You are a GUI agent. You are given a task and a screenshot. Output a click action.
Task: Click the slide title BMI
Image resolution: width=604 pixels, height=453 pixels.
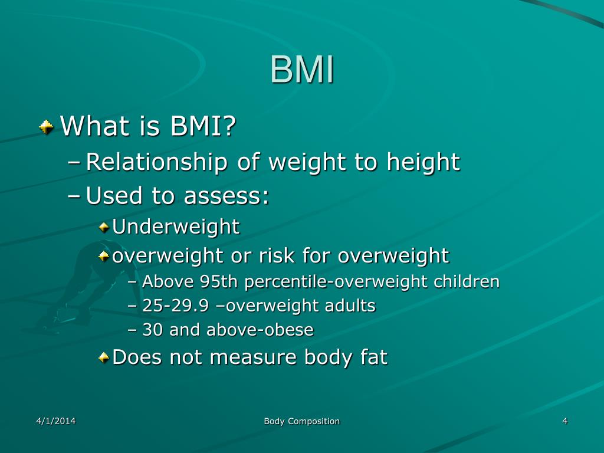[x=302, y=71]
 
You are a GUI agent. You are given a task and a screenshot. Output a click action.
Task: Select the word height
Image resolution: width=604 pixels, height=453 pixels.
[x=423, y=162]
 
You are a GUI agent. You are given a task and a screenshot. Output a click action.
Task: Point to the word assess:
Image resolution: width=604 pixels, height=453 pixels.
[x=226, y=196]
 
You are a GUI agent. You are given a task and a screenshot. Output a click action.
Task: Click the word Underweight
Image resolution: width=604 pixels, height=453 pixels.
[x=176, y=226]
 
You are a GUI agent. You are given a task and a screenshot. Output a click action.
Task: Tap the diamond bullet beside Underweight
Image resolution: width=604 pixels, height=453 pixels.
[x=104, y=226]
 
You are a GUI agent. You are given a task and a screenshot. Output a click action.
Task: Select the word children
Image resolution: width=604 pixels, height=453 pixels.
[x=467, y=282]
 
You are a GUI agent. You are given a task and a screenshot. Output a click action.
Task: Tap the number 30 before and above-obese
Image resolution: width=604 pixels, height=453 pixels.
[x=152, y=330]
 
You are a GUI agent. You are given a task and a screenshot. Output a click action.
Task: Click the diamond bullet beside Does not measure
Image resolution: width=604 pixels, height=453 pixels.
[x=104, y=357]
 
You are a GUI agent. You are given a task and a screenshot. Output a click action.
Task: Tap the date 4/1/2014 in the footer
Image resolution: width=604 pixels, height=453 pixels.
[x=55, y=421]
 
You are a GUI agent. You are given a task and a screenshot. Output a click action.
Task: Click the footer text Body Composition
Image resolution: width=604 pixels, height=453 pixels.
[x=301, y=421]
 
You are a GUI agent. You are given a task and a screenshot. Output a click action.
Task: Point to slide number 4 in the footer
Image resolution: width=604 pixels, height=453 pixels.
[x=564, y=421]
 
